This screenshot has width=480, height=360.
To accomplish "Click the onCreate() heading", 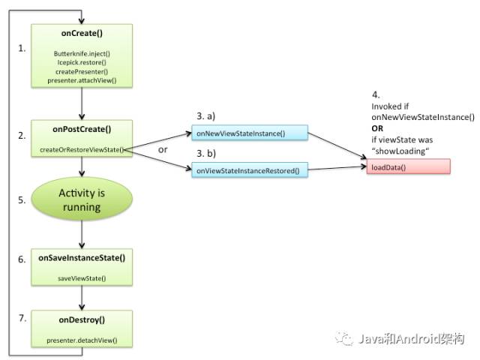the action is [82, 33].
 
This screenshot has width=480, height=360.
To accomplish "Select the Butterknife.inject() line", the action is [82, 53].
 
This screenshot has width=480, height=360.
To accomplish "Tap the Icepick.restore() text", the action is [82, 62].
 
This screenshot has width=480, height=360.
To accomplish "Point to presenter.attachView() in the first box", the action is [82, 80].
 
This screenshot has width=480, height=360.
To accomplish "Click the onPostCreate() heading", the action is [82, 129].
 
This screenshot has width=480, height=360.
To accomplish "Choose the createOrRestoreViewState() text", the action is [82, 150].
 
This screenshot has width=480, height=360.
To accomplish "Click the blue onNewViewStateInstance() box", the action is [250, 133].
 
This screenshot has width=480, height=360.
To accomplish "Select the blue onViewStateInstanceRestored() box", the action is [250, 170].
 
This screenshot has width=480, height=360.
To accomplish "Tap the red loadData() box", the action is [408, 166].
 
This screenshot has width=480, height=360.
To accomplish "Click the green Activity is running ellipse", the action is [82, 199].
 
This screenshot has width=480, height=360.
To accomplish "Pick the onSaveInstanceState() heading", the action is [82, 258].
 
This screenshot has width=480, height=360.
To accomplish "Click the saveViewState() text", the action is [82, 278].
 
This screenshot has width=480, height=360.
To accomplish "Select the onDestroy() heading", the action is [82, 320].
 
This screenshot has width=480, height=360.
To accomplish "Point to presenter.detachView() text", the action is [82, 340].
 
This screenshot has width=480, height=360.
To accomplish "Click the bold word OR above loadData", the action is [377, 128].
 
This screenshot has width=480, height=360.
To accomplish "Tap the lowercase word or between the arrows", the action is [163, 150].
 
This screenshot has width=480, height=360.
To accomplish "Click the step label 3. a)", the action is [206, 116].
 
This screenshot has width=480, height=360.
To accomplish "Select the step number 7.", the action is [22, 318].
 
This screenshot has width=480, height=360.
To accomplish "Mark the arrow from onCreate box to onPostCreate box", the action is [82, 103].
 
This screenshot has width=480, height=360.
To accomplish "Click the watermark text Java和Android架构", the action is [412, 339].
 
